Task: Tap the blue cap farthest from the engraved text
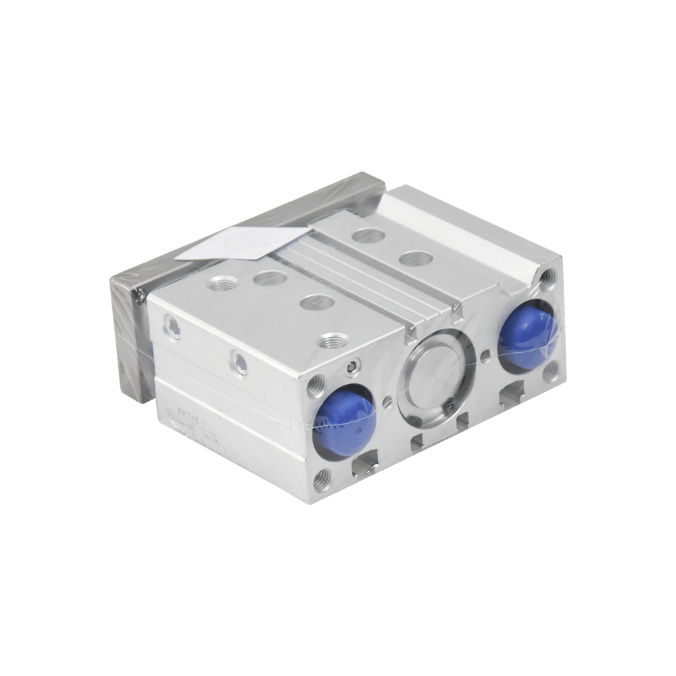pos(526,336)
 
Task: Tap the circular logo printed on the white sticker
pos(241,241)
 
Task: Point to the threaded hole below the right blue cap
pos(554,370)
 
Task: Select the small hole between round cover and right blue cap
pos(485,354)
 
